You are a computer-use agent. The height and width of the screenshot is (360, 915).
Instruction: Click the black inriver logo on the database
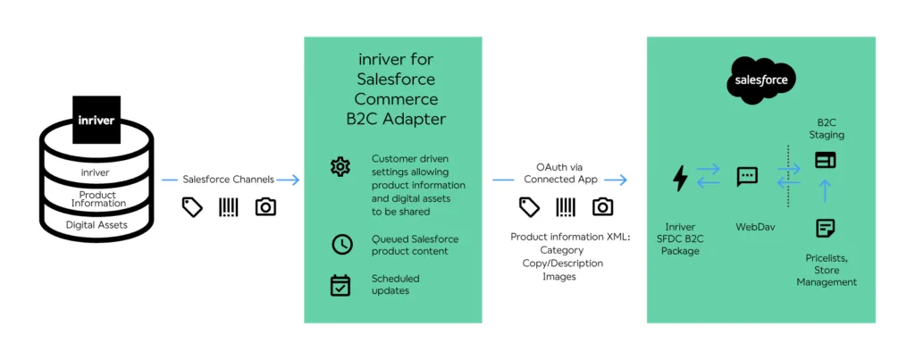(x=96, y=120)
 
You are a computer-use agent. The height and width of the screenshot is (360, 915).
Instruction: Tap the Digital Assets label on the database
(x=96, y=225)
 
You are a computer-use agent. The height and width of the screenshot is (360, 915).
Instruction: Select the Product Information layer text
(x=97, y=198)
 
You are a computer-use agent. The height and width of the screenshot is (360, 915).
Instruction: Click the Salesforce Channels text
(x=229, y=180)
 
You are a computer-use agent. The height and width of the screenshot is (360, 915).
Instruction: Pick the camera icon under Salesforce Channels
(x=265, y=207)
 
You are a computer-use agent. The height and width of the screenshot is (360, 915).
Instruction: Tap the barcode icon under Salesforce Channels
(x=229, y=207)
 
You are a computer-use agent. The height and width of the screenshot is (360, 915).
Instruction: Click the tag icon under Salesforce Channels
(x=192, y=207)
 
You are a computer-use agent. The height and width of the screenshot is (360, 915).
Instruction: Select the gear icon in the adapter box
(x=340, y=166)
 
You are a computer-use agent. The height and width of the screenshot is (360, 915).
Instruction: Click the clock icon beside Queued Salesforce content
(x=340, y=244)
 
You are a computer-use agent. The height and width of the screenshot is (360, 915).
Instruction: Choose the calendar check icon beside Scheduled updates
(x=340, y=285)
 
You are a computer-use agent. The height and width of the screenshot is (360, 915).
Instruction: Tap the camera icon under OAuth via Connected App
(x=603, y=207)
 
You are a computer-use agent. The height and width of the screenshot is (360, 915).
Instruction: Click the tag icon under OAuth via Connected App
(x=530, y=207)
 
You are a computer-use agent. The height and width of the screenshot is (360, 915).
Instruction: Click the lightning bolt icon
(x=680, y=179)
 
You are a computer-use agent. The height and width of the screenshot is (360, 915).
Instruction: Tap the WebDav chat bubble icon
(x=747, y=177)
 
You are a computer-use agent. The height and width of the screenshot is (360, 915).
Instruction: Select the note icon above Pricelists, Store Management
(x=825, y=228)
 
